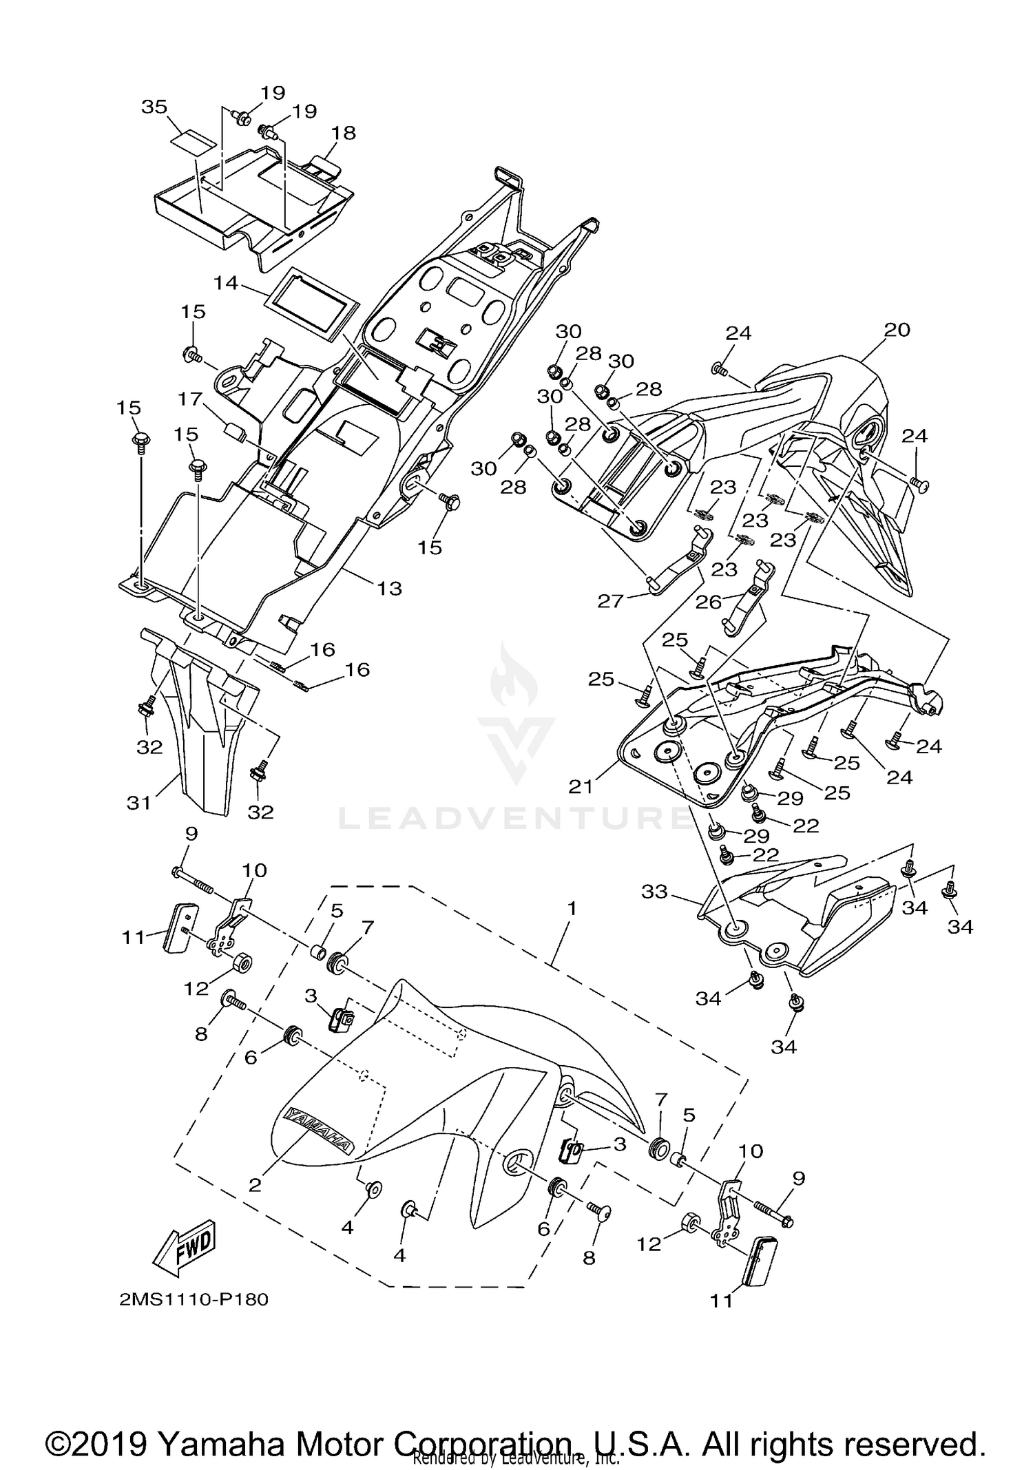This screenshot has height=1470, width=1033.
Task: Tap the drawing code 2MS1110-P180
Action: (x=194, y=1299)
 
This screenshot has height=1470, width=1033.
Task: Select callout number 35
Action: (x=154, y=107)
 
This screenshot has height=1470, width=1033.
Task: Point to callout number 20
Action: (x=897, y=330)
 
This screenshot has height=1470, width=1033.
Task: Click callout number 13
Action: (x=389, y=588)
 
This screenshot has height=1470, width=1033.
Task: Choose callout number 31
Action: (x=138, y=802)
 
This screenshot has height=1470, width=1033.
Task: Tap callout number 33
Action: (x=654, y=892)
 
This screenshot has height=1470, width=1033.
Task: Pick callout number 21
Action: (x=581, y=786)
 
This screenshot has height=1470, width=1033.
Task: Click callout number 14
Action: (x=225, y=282)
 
